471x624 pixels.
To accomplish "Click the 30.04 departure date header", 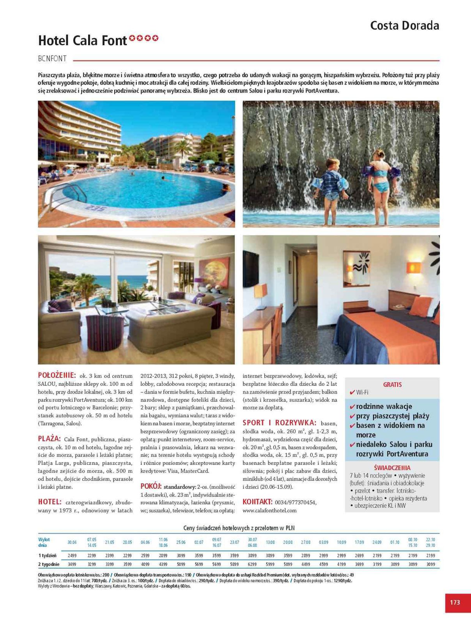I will pyautogui.click(x=72, y=542).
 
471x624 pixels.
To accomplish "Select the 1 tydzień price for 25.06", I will pyautogui.click(x=181, y=555).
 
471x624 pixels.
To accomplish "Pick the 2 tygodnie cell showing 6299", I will pyautogui.click(x=252, y=564).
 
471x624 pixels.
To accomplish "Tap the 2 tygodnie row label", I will pyautogui.click(x=49, y=564).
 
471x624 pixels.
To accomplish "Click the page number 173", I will pyautogui.click(x=455, y=602).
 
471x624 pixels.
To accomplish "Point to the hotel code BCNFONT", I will pyautogui.click(x=52, y=59).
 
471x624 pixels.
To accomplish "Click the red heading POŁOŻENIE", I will pyautogui.click(x=57, y=375).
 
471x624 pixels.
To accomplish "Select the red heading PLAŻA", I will pyautogui.click(x=49, y=439).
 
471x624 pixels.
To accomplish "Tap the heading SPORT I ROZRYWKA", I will pyautogui.click(x=279, y=423).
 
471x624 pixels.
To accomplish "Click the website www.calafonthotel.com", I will pyautogui.click(x=269, y=510).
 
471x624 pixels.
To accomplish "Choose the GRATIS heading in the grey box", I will pyautogui.click(x=392, y=385).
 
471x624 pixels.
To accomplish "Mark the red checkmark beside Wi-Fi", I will pyautogui.click(x=352, y=392).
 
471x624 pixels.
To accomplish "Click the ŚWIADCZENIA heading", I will pyautogui.click(x=392, y=468).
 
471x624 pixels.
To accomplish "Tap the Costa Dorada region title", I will pyautogui.click(x=404, y=26).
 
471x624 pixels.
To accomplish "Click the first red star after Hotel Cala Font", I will pyautogui.click(x=133, y=38).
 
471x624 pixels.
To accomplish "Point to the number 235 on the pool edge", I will pyautogui.click(x=96, y=209).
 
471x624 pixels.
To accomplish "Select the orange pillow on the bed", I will pyautogui.click(x=420, y=306).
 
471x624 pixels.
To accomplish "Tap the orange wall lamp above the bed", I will pyautogui.click(x=414, y=268).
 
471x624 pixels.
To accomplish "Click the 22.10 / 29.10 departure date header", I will pyautogui.click(x=430, y=542).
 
